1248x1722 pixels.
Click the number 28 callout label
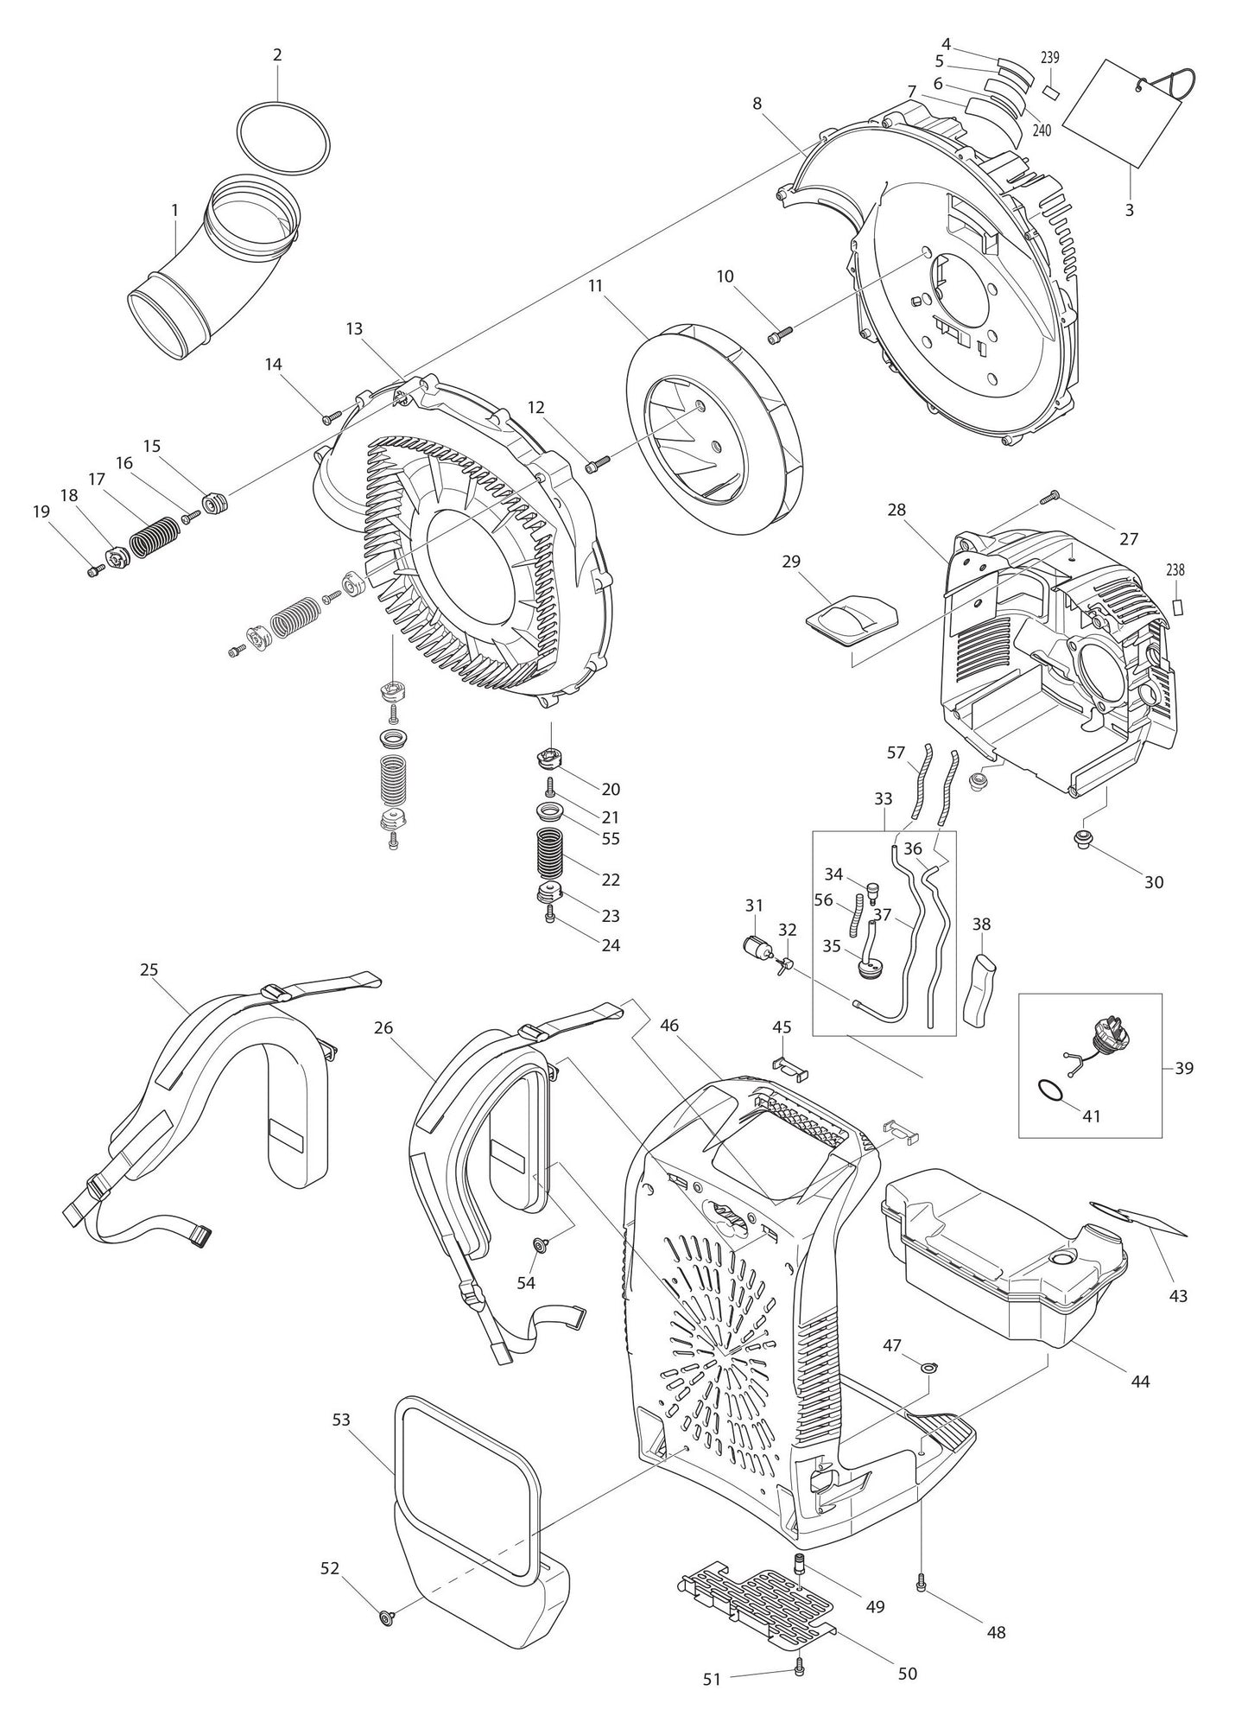click(x=896, y=510)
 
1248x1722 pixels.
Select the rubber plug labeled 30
click(x=1080, y=838)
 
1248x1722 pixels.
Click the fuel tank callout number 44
click(x=1140, y=1382)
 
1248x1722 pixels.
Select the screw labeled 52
click(x=385, y=1617)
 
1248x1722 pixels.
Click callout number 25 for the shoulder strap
click(x=149, y=969)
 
